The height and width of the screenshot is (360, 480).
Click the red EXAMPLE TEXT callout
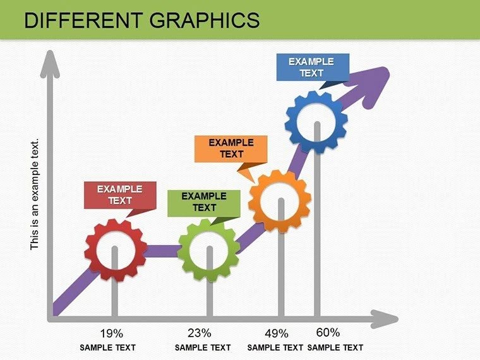[x=119, y=195]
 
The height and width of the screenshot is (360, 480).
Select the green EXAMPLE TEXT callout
[x=203, y=201]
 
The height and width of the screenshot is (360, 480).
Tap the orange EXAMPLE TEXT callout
[x=231, y=148]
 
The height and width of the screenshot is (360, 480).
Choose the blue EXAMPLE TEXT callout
[x=311, y=67]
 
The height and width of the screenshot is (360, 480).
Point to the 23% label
[x=199, y=333]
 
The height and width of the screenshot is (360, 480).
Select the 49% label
[x=276, y=333]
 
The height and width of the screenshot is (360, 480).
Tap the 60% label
[x=328, y=332]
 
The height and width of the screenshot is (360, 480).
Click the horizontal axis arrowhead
[x=386, y=319]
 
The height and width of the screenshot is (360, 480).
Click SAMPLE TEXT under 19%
[x=107, y=347]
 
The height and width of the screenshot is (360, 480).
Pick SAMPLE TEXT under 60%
[x=335, y=347]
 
